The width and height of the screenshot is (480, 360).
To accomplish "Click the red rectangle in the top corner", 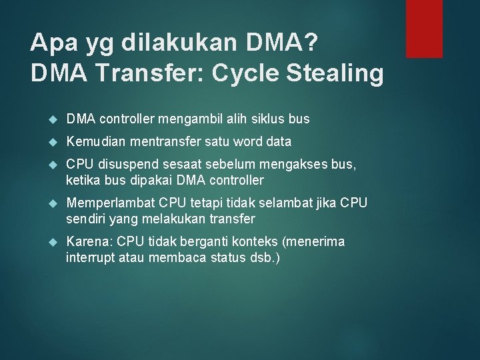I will pos(425,28).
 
